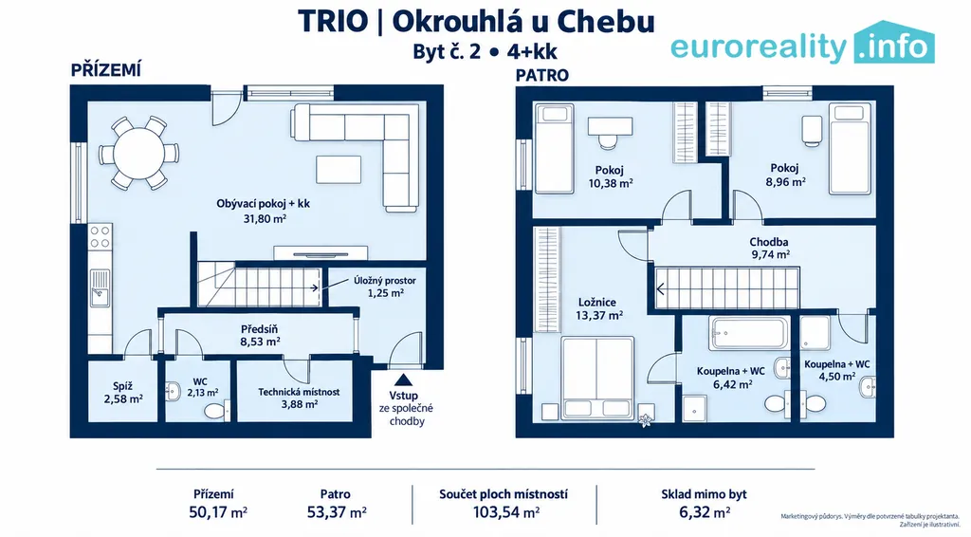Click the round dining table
pyautogui.click(x=138, y=153)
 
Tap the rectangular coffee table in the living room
pyautogui.click(x=339, y=170)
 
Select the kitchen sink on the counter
pyautogui.click(x=100, y=288)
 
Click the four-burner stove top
pyautogui.click(x=100, y=237)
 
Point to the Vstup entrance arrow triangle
pyautogui.click(x=403, y=380)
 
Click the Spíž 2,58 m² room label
pyautogui.click(x=123, y=393)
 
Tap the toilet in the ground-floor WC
pyautogui.click(x=216, y=411)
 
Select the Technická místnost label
pyautogui.click(x=299, y=392)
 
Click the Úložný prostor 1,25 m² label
pyautogui.click(x=385, y=287)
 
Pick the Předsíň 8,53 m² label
pyautogui.click(x=261, y=335)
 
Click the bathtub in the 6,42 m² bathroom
pyautogui.click(x=750, y=334)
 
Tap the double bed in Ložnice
pyautogui.click(x=597, y=378)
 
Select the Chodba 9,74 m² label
pyautogui.click(x=769, y=248)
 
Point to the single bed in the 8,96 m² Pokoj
pyautogui.click(x=851, y=149)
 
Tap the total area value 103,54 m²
pyautogui.click(x=506, y=513)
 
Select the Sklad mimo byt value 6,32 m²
pyautogui.click(x=704, y=513)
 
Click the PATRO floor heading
pyautogui.click(x=542, y=76)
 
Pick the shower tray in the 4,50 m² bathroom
pyautogui.click(x=815, y=333)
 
